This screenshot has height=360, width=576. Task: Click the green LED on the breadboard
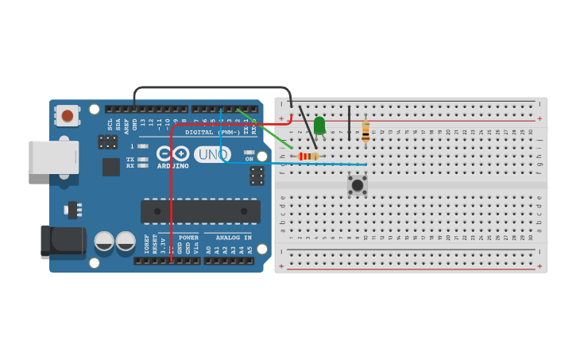[x=319, y=125]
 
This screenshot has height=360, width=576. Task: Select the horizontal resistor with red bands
[x=308, y=157]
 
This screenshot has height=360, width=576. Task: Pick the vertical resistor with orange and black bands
[x=365, y=132]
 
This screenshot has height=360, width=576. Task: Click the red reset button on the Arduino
[x=68, y=116]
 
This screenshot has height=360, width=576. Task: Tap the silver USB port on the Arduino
[x=53, y=157]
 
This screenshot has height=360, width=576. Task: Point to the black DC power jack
[x=62, y=241]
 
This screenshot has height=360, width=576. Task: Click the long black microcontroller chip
[x=200, y=211]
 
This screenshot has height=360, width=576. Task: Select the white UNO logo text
[x=212, y=154]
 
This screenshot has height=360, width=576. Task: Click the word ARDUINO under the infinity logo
[x=172, y=166]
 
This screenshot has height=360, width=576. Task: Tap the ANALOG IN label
[x=234, y=237]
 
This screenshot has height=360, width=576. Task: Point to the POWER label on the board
[x=188, y=237]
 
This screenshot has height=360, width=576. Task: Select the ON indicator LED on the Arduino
[x=249, y=152]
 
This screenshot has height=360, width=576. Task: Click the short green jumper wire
[x=266, y=130]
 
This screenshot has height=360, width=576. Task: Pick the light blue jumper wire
[x=294, y=164]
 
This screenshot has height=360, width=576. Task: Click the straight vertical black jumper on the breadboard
[x=349, y=123]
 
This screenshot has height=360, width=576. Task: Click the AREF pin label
[x=126, y=125]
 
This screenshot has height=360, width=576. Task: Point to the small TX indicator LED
[x=142, y=159]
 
